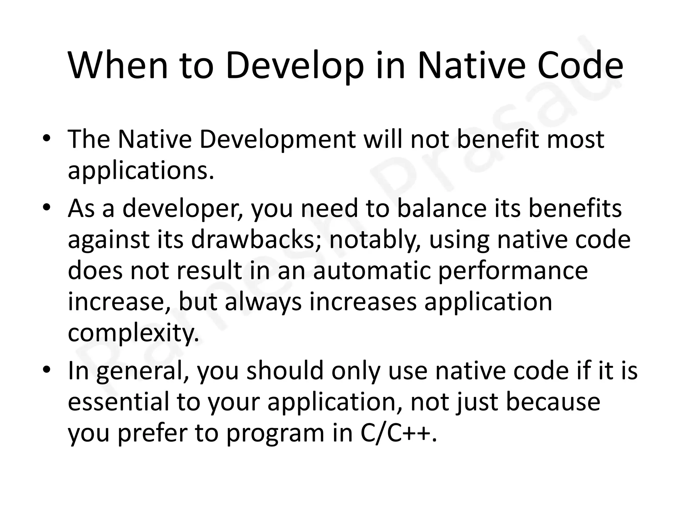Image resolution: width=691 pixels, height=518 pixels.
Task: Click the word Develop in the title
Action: point(295,66)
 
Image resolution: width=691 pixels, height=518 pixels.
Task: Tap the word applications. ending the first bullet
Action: point(141,171)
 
